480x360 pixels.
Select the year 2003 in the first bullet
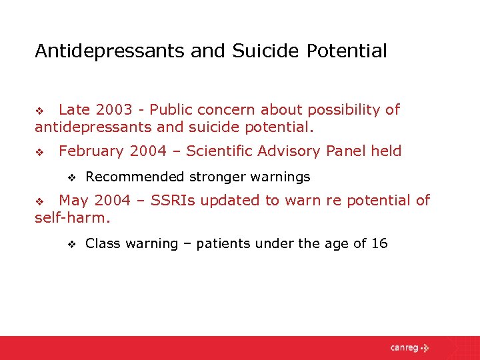click(x=114, y=110)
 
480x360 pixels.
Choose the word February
click(x=92, y=151)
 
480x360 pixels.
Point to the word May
click(x=73, y=201)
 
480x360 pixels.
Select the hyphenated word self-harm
click(x=72, y=218)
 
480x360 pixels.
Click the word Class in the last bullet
click(x=102, y=244)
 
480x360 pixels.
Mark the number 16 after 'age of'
click(x=379, y=244)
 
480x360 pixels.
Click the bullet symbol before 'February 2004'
click(x=39, y=153)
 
